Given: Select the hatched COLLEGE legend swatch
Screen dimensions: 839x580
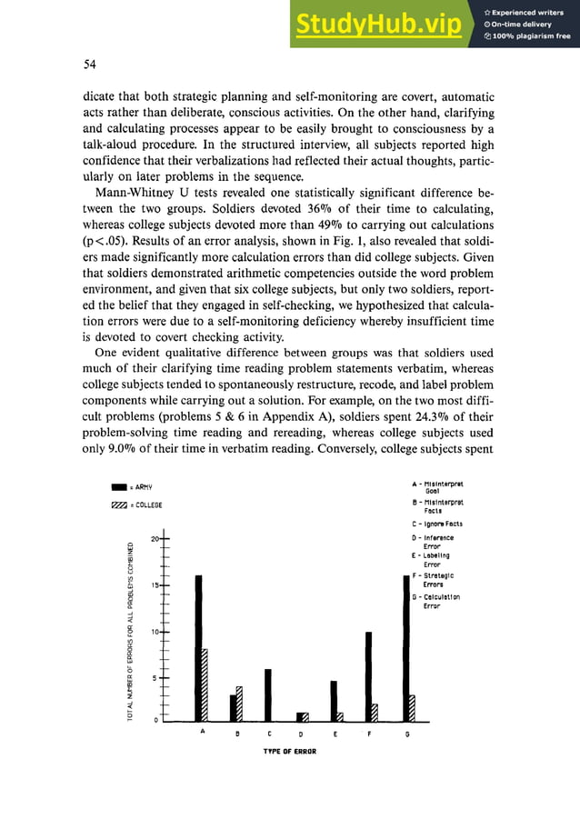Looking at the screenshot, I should (117, 504).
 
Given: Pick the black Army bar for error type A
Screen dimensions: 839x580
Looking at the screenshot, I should (198, 645).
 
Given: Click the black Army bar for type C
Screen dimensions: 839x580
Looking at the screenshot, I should (267, 693).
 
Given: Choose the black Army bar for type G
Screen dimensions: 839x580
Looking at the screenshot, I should (405, 645).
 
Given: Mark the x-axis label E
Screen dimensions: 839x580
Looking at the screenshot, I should (335, 733).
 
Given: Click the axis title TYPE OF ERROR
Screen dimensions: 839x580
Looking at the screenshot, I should (289, 753).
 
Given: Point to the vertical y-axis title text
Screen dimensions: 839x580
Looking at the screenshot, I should (133, 627).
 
